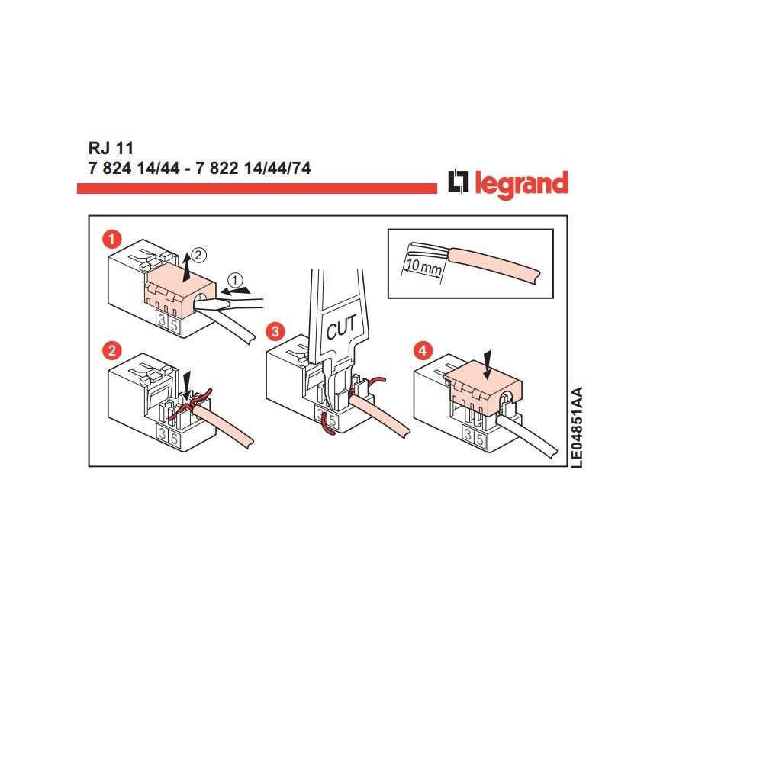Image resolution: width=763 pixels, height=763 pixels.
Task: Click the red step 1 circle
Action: click(x=112, y=240)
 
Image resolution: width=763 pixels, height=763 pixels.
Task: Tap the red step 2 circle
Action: click(x=112, y=351)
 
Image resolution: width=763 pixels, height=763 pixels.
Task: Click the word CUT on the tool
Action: click(x=341, y=329)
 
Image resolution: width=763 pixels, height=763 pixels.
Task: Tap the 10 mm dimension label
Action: click(x=423, y=266)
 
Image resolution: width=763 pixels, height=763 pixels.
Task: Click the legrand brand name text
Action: click(x=522, y=184)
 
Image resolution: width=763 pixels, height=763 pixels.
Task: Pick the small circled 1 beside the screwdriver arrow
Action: click(x=235, y=278)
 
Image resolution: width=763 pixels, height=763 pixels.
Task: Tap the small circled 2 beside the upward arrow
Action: click(x=198, y=253)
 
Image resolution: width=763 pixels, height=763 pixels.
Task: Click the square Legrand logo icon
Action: click(x=459, y=183)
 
